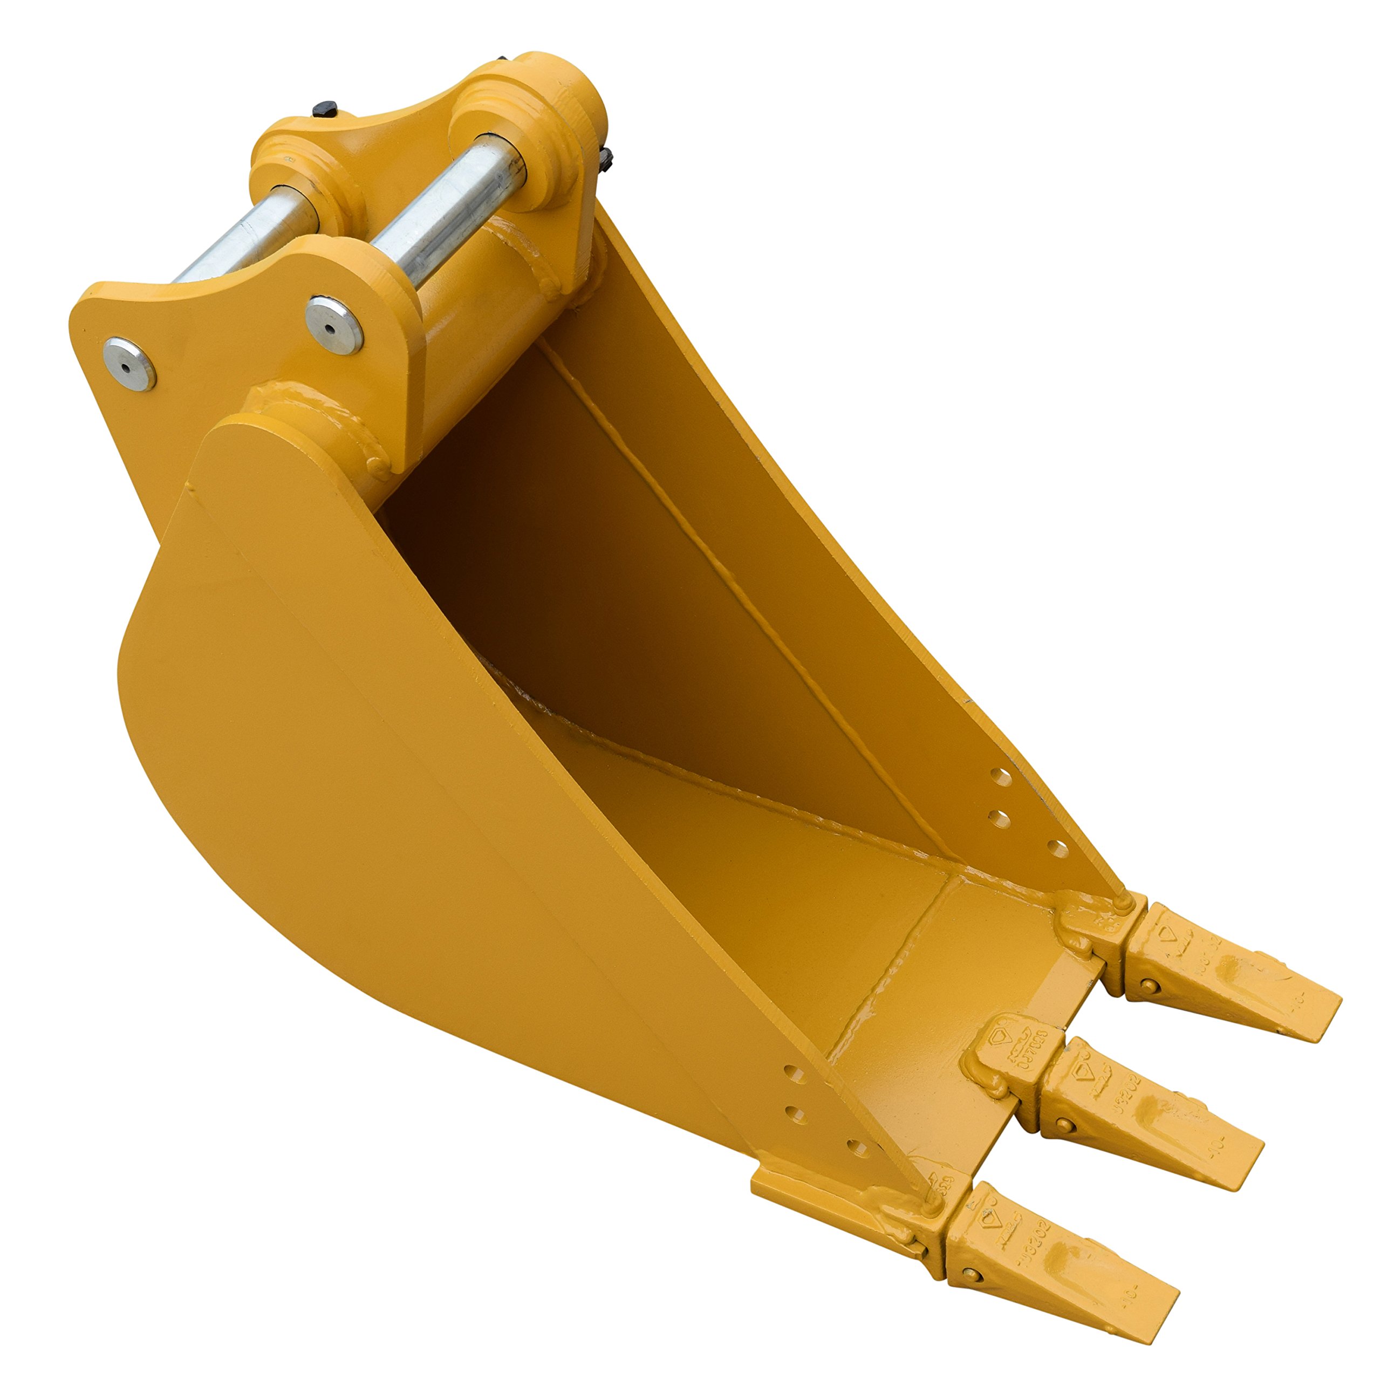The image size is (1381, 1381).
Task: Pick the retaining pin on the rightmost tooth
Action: click(x=1150, y=985)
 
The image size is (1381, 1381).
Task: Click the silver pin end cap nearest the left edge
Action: click(x=129, y=363)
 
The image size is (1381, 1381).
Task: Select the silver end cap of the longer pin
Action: click(x=334, y=325)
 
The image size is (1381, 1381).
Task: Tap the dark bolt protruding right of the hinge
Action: click(x=607, y=161)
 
